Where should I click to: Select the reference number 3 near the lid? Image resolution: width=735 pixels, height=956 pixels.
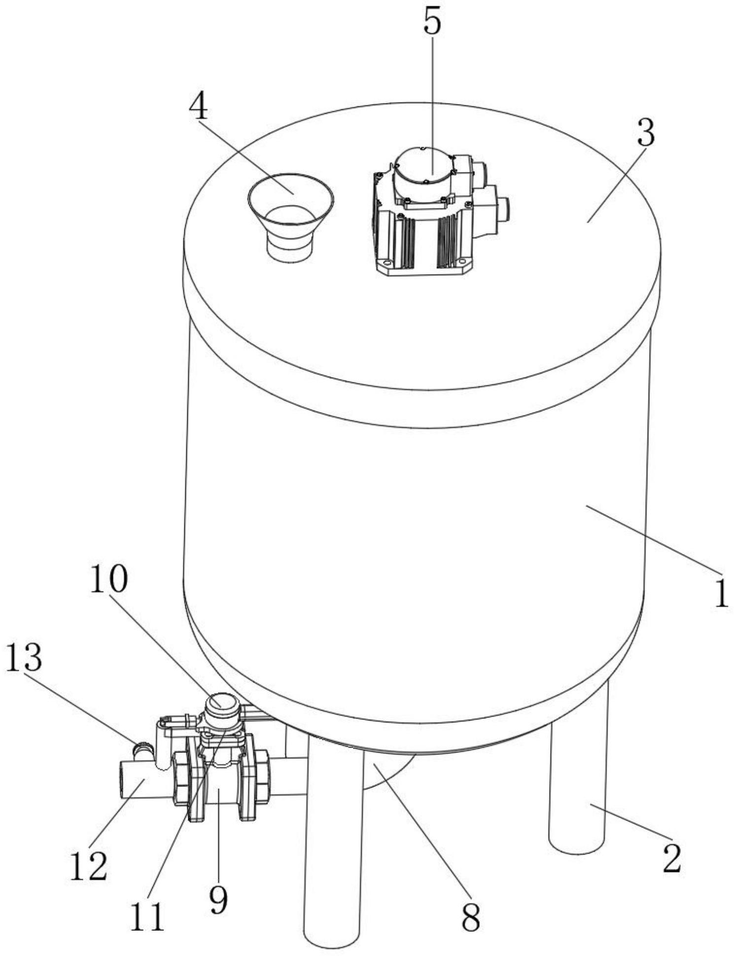tap(645, 133)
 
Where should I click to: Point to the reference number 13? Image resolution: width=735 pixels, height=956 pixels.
tap(23, 658)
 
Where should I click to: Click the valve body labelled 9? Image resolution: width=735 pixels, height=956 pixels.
tap(219, 787)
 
